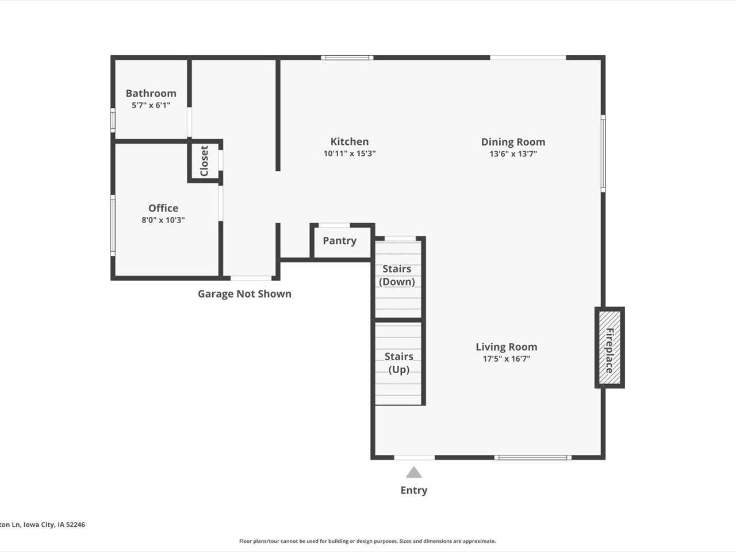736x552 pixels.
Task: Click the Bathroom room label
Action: coord(151,93)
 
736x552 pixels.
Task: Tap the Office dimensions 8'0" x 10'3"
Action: coord(163,220)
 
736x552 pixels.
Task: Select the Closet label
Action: coord(204,161)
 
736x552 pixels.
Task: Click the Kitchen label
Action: coord(350,141)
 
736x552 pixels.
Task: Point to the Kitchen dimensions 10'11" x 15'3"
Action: coord(350,154)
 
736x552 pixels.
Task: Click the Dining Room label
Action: coord(513,142)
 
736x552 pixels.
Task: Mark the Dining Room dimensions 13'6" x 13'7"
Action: coord(513,154)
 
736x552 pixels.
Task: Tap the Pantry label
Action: coord(339,241)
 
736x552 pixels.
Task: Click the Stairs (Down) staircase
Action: coord(397,275)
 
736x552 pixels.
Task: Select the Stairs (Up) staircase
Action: coord(398,363)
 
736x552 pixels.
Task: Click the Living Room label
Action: coord(506,347)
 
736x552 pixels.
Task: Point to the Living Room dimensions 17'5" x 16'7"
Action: coord(506,359)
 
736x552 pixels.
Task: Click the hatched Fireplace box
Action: coord(609,348)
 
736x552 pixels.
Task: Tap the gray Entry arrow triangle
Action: coord(413,473)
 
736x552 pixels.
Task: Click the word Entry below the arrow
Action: coord(413,490)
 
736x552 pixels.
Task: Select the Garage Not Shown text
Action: coord(244,294)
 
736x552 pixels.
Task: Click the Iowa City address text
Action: coord(43,524)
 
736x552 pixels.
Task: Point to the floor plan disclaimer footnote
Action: coord(367,541)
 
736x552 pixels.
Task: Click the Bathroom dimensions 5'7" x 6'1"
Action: coord(151,105)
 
